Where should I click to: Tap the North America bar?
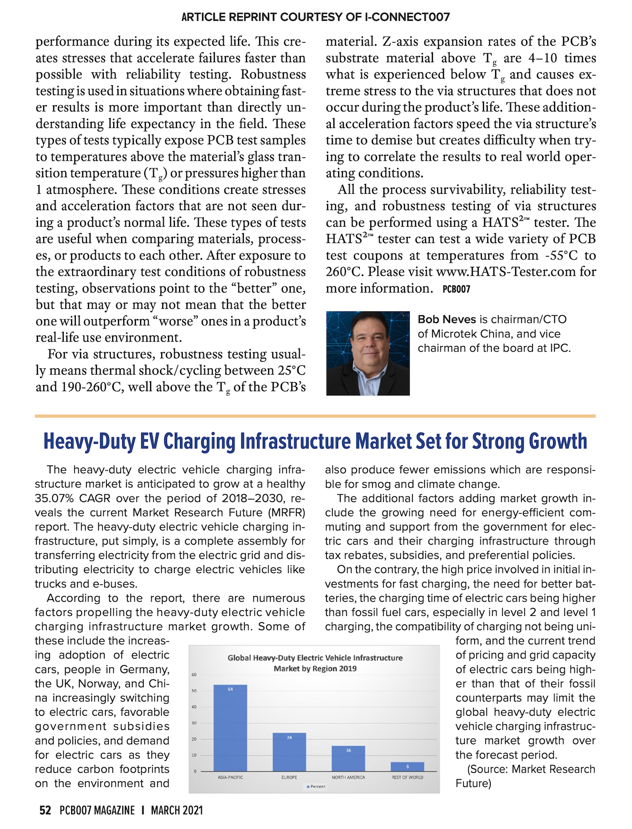348,758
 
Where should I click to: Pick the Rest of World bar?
407,767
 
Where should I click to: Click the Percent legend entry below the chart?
316,786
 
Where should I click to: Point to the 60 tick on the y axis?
194,675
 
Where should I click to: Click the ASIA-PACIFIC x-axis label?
230,777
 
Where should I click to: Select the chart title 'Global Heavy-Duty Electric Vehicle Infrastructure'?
315,657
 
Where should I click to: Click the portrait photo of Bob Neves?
368,353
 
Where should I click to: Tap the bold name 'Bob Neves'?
447,319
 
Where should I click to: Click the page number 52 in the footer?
45,811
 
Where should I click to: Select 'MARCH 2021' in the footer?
176,811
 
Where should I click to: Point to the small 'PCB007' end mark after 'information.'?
456,289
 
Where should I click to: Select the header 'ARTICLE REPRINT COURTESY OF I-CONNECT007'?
315,17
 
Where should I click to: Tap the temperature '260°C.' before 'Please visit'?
344,272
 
